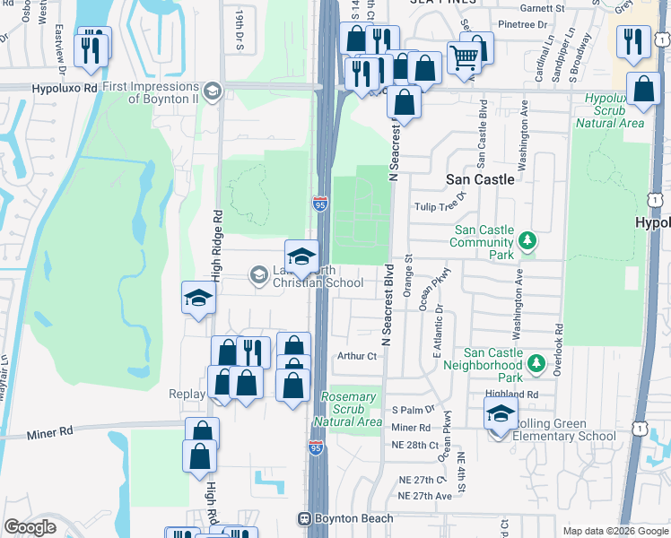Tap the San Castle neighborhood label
tap(480, 179)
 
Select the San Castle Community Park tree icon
tap(528, 240)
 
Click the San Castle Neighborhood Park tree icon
tap(536, 363)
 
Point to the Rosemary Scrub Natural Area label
tap(349, 409)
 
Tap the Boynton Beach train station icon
tap(304, 518)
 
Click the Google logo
tap(30, 528)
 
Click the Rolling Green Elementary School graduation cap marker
tap(501, 414)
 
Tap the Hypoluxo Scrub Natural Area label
tap(614, 109)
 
